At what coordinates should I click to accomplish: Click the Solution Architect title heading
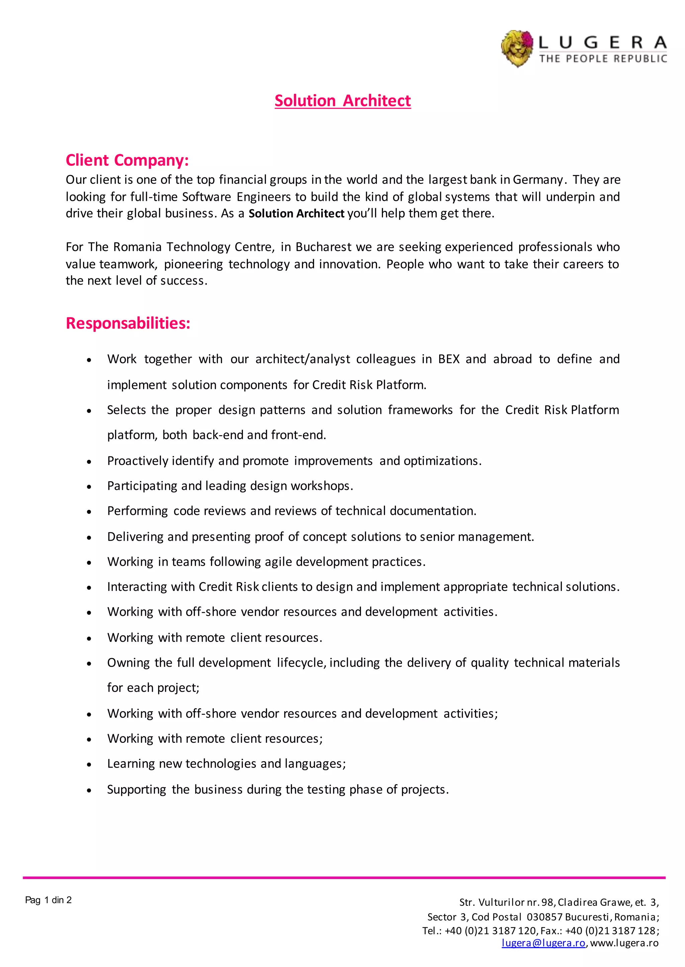342,101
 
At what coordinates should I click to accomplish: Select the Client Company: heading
127,160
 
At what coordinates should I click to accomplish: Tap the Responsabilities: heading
128,323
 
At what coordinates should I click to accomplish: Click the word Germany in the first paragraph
538,180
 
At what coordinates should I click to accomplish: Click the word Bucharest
323,247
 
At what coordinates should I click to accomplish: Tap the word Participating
142,486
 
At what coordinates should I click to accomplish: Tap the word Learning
131,764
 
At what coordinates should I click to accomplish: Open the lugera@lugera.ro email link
543,943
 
